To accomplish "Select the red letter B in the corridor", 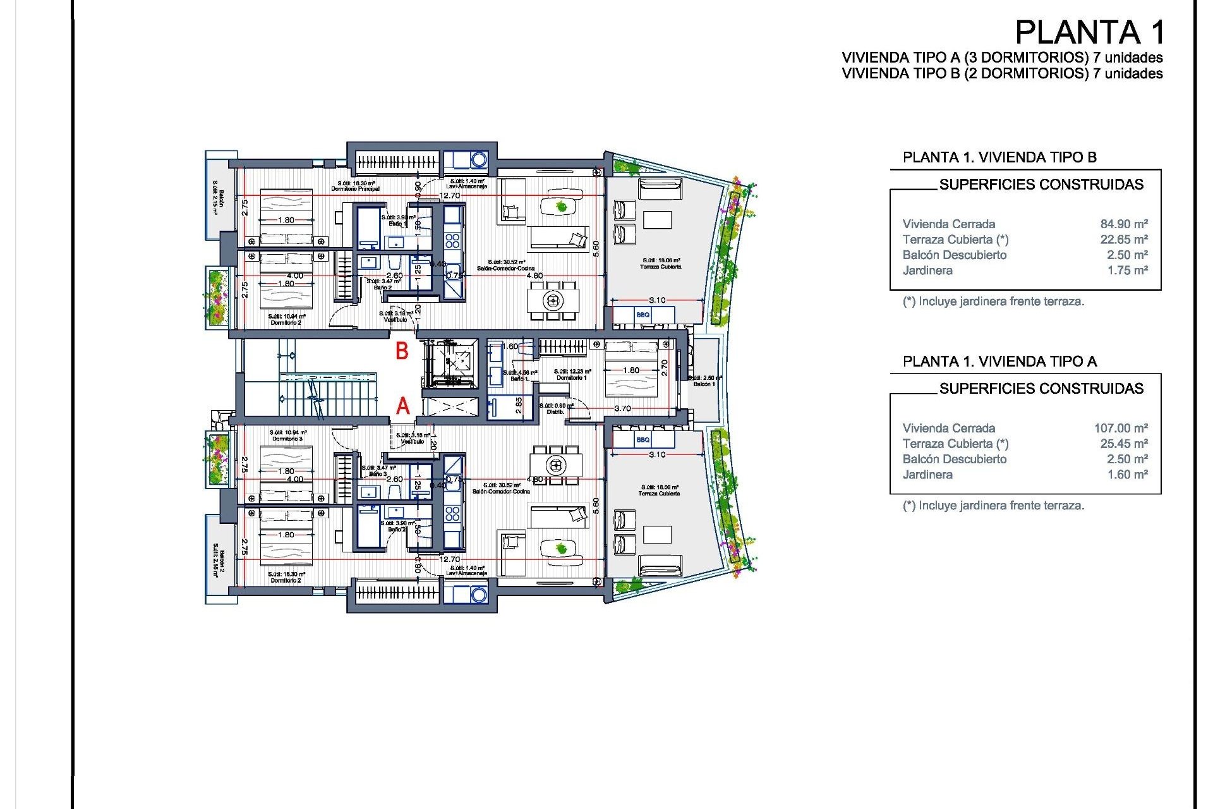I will pyautogui.click(x=402, y=351).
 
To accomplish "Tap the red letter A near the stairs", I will pyautogui.click(x=402, y=406).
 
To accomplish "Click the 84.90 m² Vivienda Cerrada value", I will pyautogui.click(x=1123, y=224).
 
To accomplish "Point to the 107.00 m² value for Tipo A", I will pyautogui.click(x=1120, y=428).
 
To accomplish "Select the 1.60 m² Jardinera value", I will pyautogui.click(x=1126, y=475).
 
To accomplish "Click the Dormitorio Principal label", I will pyautogui.click(x=355, y=189).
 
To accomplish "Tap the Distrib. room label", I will pyautogui.click(x=555, y=411).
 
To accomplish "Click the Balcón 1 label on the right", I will pyautogui.click(x=704, y=384).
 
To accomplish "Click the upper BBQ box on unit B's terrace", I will pyautogui.click(x=643, y=315).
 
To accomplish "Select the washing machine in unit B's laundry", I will pyautogui.click(x=478, y=159).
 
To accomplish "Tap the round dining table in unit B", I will pyautogui.click(x=553, y=300).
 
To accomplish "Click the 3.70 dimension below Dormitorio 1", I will pyautogui.click(x=622, y=409).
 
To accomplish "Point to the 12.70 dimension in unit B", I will pyautogui.click(x=450, y=195).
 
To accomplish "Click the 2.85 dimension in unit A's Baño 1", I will pyautogui.click(x=519, y=405).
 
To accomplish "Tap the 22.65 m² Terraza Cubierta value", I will pyautogui.click(x=1123, y=240).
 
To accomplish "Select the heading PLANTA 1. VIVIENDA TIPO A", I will pyautogui.click(x=999, y=362).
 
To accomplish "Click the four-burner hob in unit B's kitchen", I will pyautogui.click(x=452, y=240).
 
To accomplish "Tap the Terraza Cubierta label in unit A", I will pyautogui.click(x=659, y=493).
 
